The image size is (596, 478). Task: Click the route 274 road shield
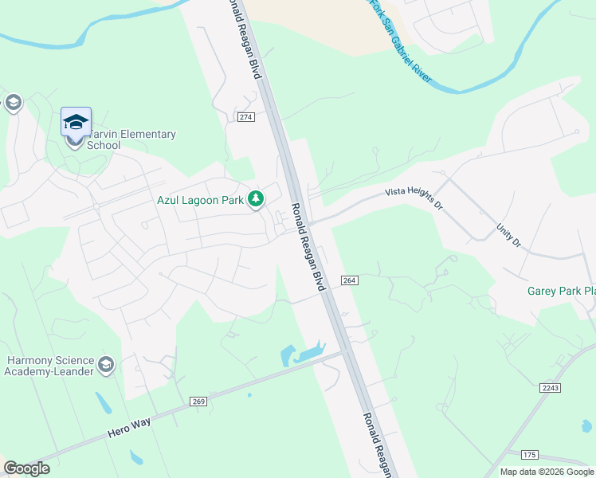245,117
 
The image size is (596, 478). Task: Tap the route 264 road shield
349,280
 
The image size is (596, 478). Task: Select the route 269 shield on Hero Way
199,402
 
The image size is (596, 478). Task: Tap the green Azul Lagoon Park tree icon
256,199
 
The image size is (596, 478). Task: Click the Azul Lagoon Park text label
200,200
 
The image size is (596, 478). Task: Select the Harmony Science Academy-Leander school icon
106,366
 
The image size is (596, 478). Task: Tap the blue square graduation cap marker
76,121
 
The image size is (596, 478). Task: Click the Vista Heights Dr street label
414,198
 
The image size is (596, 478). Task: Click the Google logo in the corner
26,468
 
